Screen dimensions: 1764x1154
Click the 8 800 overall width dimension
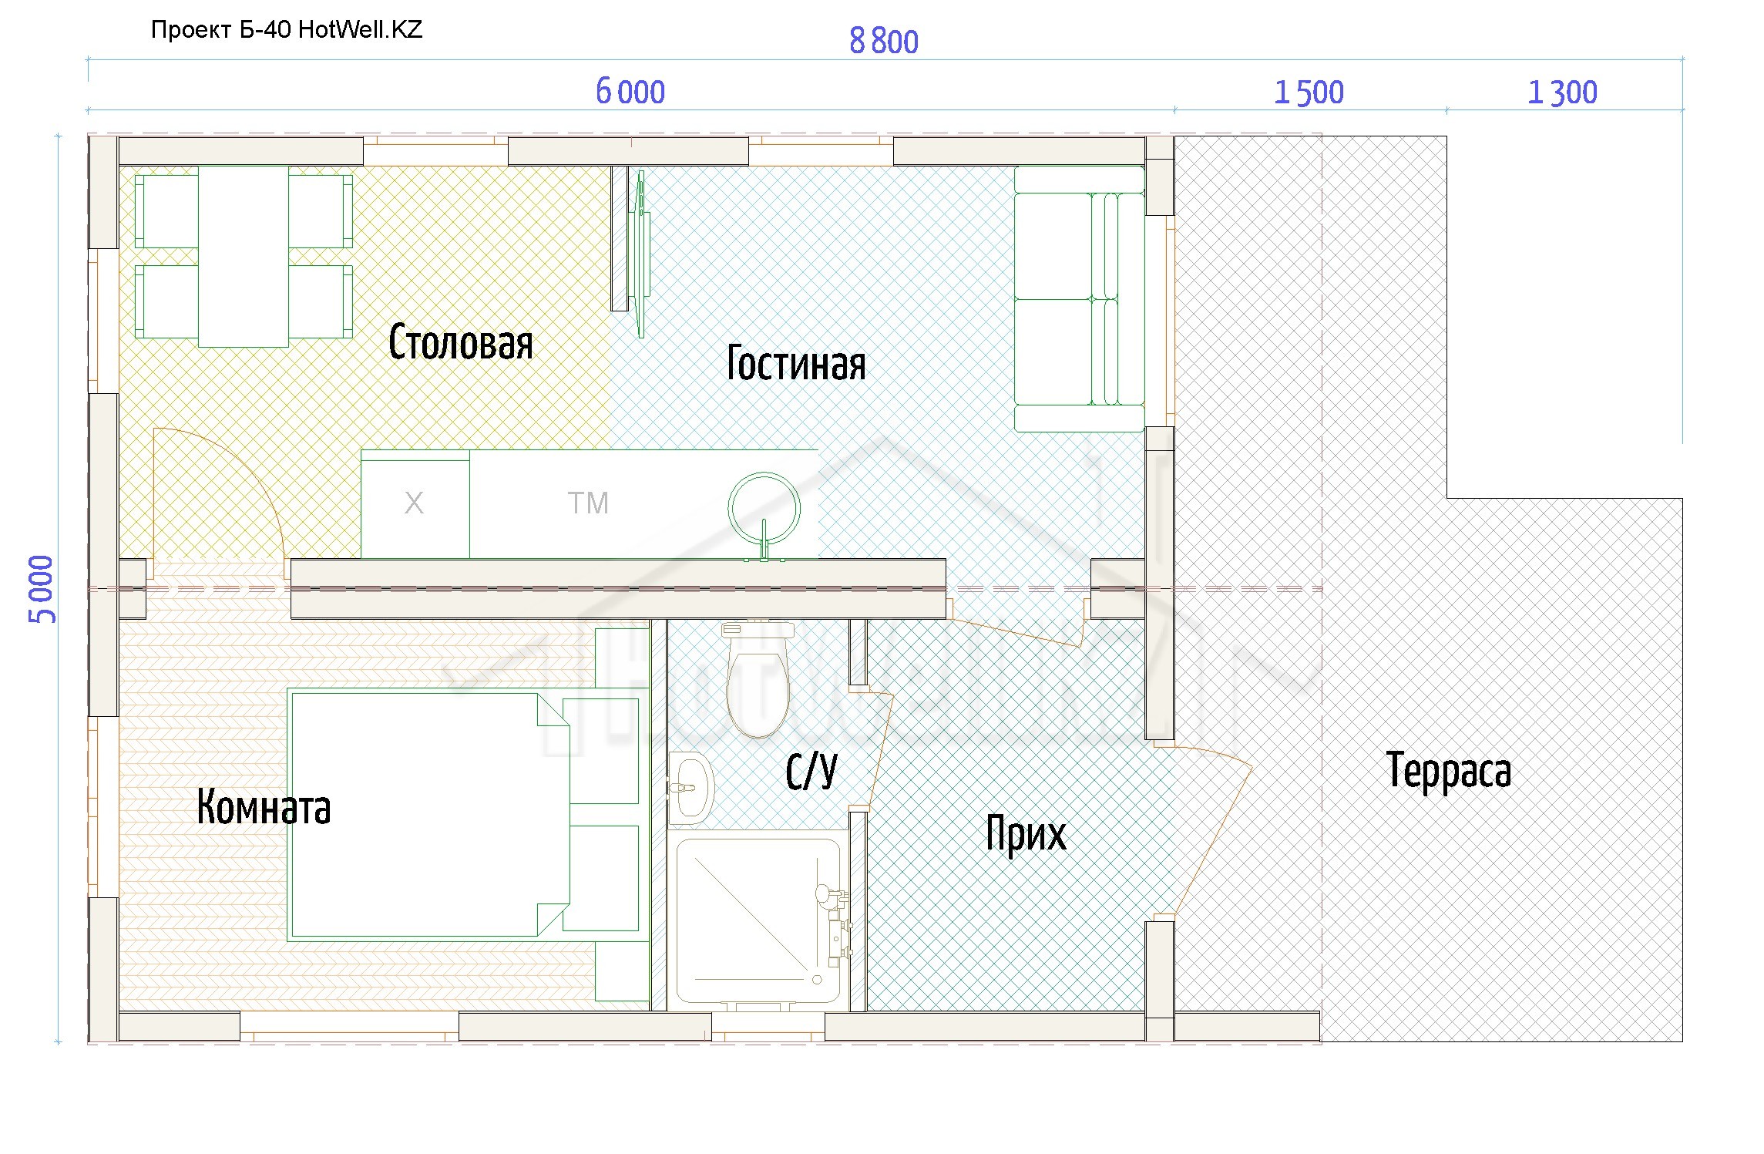(884, 42)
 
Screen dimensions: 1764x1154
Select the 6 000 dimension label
(630, 92)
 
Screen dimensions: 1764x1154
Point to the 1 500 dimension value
(1309, 93)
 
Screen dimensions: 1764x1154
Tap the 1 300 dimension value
(1562, 93)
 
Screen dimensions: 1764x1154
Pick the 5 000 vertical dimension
(42, 589)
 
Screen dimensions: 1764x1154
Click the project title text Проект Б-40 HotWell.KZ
(287, 30)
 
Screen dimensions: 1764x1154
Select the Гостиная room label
(796, 363)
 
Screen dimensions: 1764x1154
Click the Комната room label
(264, 806)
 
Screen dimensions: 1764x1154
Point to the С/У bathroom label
(811, 771)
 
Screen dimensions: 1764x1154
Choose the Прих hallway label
(1026, 834)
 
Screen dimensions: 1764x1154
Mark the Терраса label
(1449, 770)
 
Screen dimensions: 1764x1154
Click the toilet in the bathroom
(758, 678)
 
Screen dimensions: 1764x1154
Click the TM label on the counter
(588, 503)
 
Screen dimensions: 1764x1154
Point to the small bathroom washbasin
(690, 788)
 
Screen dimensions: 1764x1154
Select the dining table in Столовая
(244, 257)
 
